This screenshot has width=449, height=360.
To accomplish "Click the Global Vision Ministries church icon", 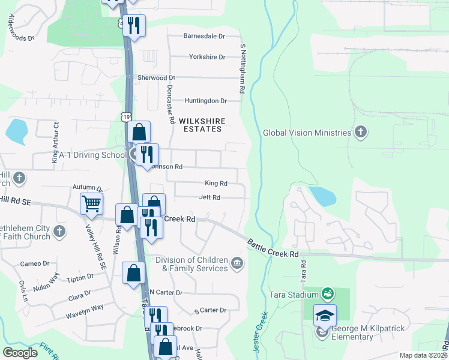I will [x=360, y=133].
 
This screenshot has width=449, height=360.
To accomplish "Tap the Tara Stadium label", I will [x=293, y=295].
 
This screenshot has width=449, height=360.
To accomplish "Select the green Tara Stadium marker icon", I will [x=328, y=293].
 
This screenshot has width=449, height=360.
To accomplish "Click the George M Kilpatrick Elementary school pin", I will [x=325, y=315].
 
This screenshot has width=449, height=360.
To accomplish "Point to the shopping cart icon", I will [x=91, y=203].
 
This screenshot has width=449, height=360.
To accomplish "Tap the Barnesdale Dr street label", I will [x=204, y=36].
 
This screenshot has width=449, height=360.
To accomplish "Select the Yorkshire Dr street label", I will [x=206, y=57].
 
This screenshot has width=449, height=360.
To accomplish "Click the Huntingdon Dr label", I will [x=206, y=101].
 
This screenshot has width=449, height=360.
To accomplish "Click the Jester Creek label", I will [x=262, y=330].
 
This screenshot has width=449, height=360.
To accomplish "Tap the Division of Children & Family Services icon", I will [x=238, y=262].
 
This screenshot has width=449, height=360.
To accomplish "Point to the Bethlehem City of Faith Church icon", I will [x=59, y=231].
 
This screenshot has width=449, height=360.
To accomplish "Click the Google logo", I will [x=20, y=353].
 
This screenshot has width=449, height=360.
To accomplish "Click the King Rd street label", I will [x=216, y=183].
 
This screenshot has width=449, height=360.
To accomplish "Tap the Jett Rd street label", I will [x=209, y=197].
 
